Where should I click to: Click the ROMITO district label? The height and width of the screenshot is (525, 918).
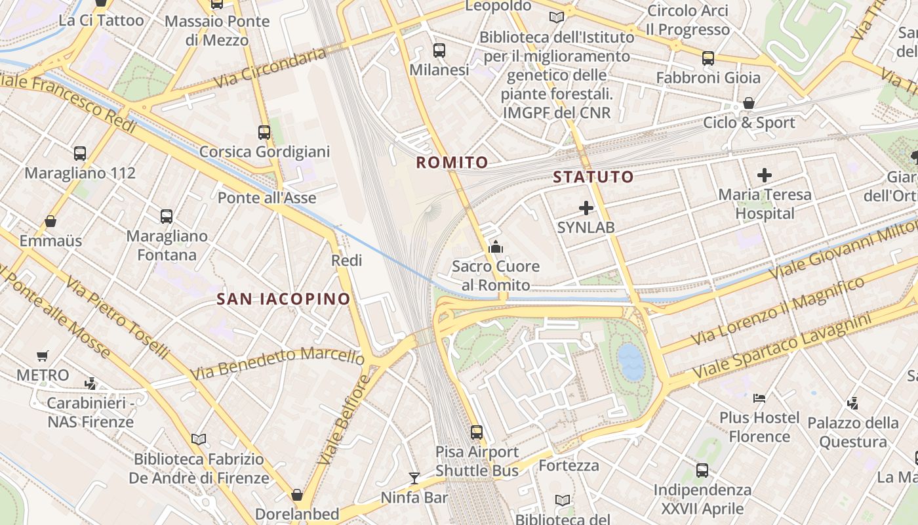[x=452, y=162]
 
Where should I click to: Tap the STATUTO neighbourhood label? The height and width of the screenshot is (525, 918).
[x=593, y=177]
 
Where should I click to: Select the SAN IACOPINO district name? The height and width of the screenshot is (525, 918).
[x=284, y=299]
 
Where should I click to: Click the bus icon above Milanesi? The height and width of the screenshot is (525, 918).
[x=439, y=51]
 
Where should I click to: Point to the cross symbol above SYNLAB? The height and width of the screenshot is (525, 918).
[x=586, y=209]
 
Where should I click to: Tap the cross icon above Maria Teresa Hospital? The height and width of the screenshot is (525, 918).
[x=765, y=175]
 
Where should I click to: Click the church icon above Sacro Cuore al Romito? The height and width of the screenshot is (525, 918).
[x=496, y=247]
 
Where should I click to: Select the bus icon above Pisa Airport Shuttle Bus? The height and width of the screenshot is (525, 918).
[x=477, y=432]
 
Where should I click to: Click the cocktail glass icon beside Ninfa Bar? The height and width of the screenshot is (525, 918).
[x=414, y=478]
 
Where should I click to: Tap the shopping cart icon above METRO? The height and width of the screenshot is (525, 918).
[x=43, y=356]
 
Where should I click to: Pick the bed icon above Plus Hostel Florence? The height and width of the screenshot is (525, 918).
[x=759, y=398]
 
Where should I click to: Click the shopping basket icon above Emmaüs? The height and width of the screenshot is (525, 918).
[x=50, y=221]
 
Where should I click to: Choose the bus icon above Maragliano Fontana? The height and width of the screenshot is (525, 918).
[x=167, y=216]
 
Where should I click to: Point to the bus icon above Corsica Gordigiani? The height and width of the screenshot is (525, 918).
[x=264, y=133]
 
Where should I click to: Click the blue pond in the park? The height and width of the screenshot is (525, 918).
[x=631, y=362]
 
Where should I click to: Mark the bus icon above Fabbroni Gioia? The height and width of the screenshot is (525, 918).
[x=708, y=58]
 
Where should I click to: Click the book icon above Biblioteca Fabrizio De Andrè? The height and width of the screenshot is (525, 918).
[x=199, y=439]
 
